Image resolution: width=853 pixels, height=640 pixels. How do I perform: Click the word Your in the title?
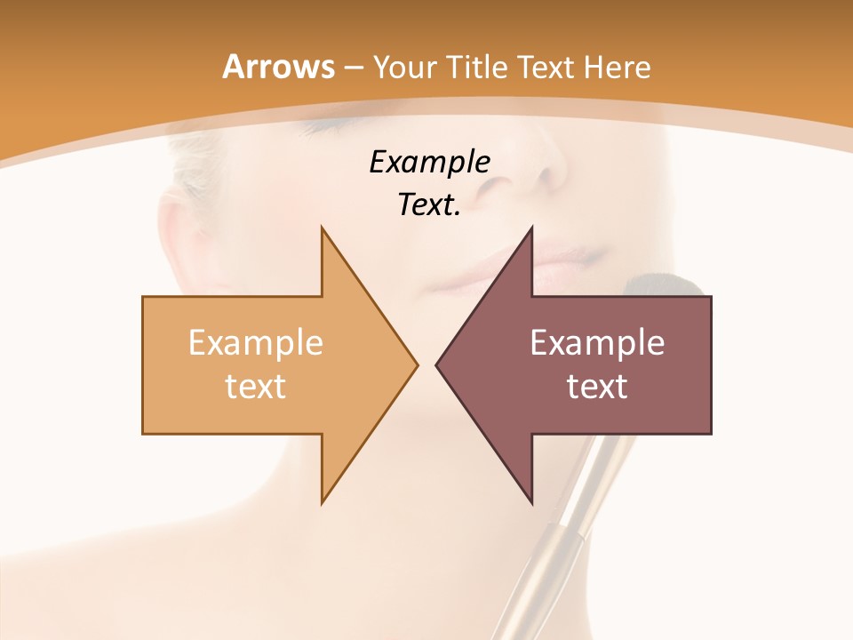point(404,67)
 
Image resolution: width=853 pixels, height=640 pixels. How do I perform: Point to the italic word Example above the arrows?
point(429,162)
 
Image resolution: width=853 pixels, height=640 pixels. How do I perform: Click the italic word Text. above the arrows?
point(429,205)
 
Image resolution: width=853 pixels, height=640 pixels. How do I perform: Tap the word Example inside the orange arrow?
point(256,343)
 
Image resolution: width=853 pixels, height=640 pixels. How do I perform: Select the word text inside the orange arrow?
point(256,386)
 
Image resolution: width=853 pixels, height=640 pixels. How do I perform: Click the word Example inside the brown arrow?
point(597,343)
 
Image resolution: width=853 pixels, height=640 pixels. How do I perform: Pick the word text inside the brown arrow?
point(597,386)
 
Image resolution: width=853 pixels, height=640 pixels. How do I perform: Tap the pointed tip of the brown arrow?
point(437,364)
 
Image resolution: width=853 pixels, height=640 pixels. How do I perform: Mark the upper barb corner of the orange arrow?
point(322,228)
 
